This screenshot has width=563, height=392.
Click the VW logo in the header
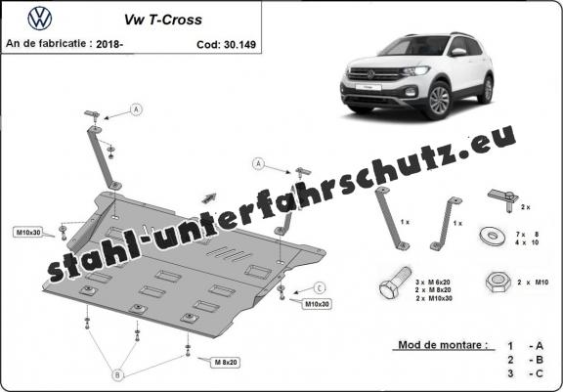(x=40, y=18)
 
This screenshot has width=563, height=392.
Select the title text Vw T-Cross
(x=163, y=20)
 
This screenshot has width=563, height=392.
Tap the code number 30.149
(x=239, y=45)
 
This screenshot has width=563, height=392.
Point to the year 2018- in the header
(x=109, y=44)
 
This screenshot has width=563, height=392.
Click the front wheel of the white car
(x=439, y=101)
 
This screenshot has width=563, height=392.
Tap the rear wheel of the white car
(x=488, y=89)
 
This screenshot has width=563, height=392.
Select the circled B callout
(x=117, y=375)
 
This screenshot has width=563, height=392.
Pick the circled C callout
(x=320, y=287)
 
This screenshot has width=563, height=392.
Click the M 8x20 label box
(x=226, y=363)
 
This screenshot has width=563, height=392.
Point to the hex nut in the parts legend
(x=498, y=282)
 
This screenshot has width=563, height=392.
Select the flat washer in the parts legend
(x=493, y=236)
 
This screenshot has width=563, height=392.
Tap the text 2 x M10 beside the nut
(x=533, y=283)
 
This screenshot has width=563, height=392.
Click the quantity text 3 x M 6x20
(x=434, y=282)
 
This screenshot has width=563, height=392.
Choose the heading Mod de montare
(x=443, y=345)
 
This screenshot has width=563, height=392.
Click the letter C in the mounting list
(x=539, y=373)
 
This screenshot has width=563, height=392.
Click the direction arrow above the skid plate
(x=209, y=197)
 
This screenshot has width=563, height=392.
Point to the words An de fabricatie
(x=46, y=44)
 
